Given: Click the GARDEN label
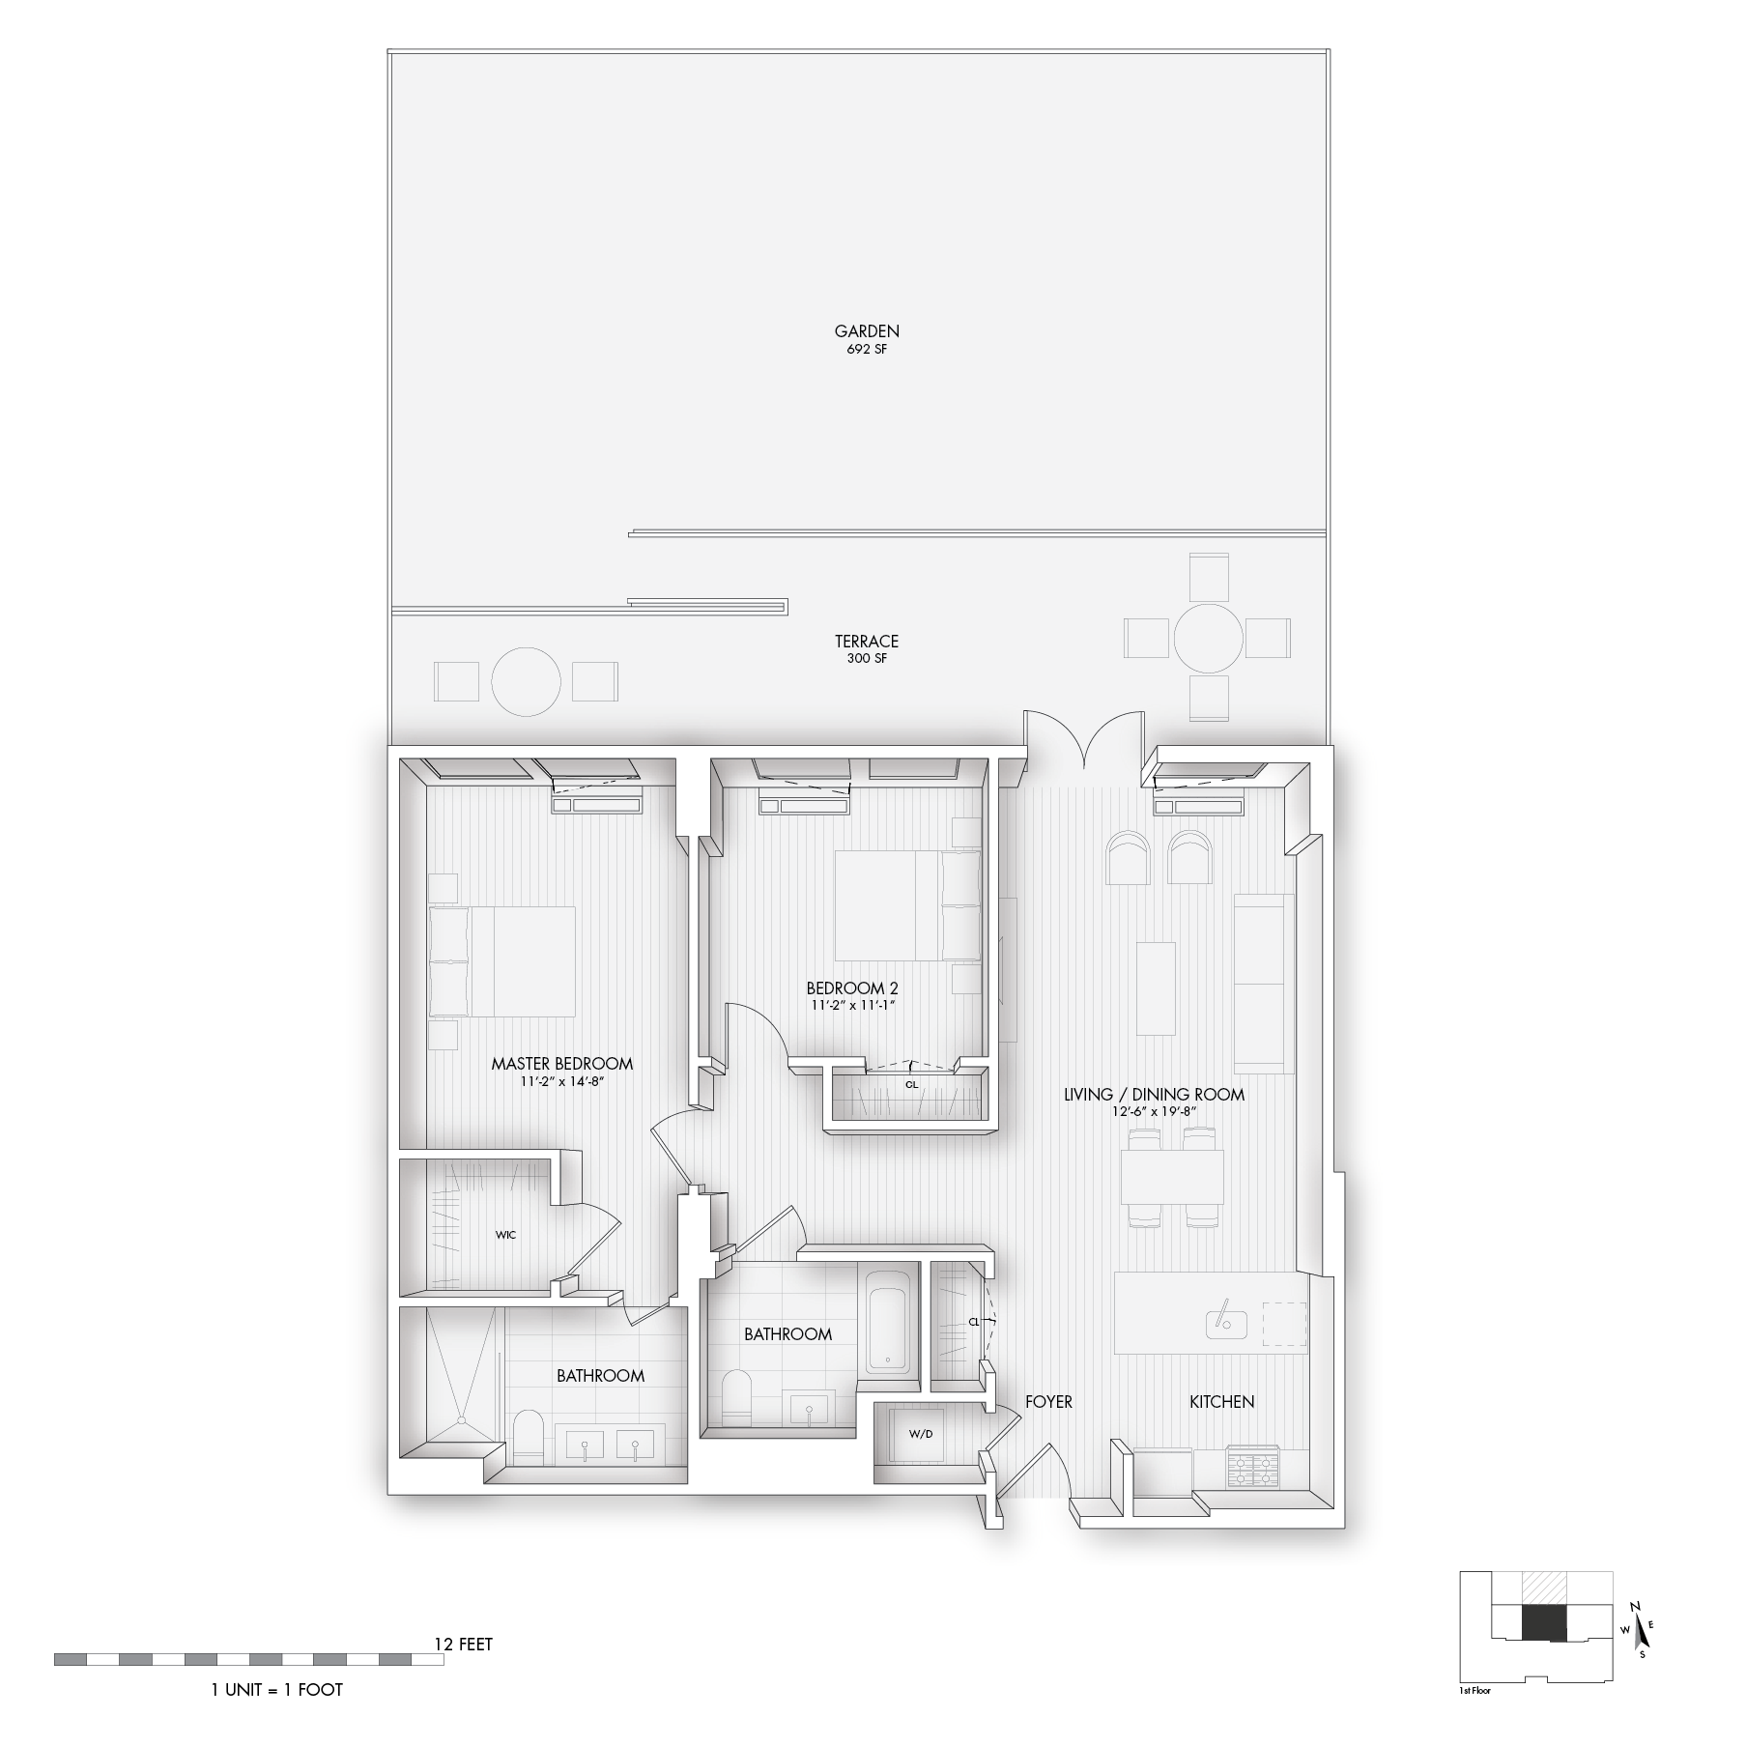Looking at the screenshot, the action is tap(867, 331).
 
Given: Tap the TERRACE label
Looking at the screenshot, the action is tap(867, 642).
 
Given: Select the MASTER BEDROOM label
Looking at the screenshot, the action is tap(562, 1064).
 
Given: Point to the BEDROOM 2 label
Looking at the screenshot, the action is tap(852, 988).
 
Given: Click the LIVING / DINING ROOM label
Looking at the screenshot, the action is tap(1154, 1095).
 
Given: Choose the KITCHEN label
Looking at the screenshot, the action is tap(1221, 1402).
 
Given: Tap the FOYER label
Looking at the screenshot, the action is tap(1048, 1402).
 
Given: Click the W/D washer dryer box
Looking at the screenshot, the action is tap(921, 1433).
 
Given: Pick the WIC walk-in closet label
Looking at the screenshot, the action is tap(505, 1235).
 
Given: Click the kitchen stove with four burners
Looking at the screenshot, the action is tap(1253, 1467).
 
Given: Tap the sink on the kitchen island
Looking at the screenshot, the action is tap(1226, 1323).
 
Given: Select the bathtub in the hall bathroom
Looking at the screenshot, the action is tap(887, 1321).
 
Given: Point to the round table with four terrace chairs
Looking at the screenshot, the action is tap(1208, 638).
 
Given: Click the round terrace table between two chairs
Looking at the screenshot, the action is tap(526, 681).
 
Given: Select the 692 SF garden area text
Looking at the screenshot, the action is tap(867, 350).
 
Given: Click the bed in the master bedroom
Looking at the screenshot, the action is tap(501, 961).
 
